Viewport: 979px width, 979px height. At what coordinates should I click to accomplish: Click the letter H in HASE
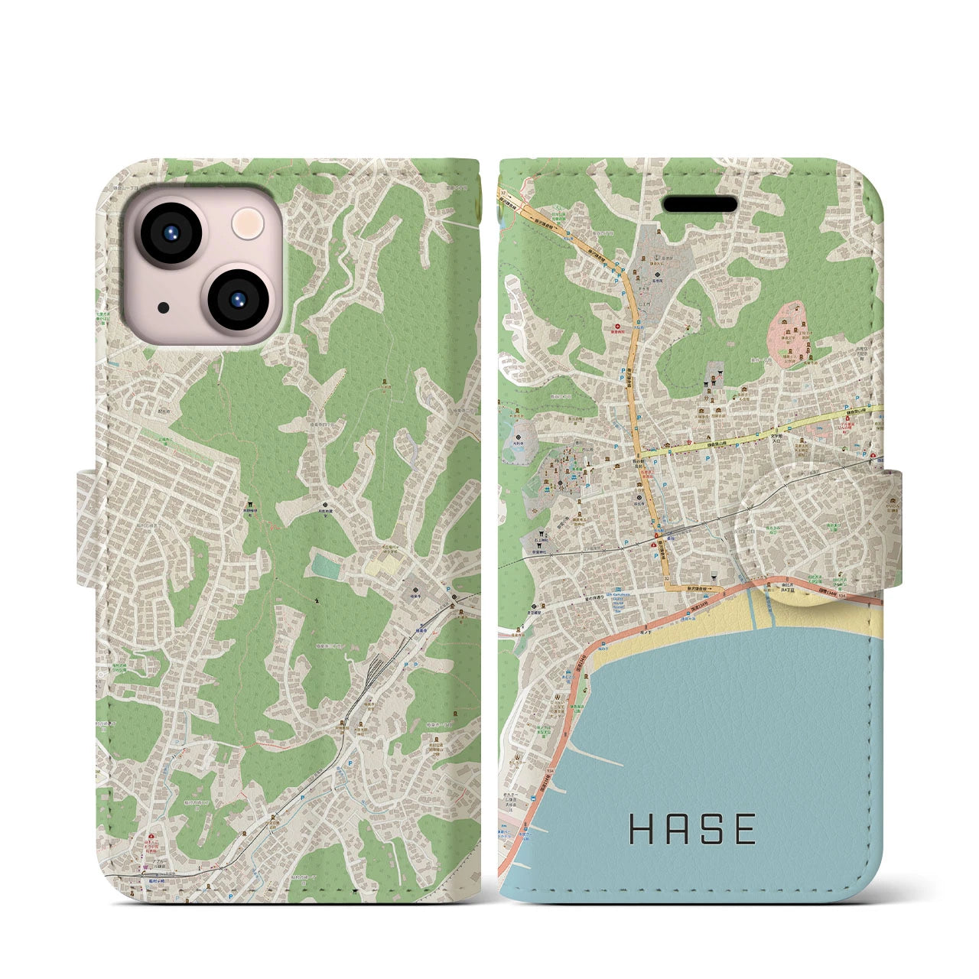(640, 829)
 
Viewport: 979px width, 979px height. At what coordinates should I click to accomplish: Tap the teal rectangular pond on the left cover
(325, 566)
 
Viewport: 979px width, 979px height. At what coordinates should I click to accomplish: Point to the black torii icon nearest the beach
(711, 576)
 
